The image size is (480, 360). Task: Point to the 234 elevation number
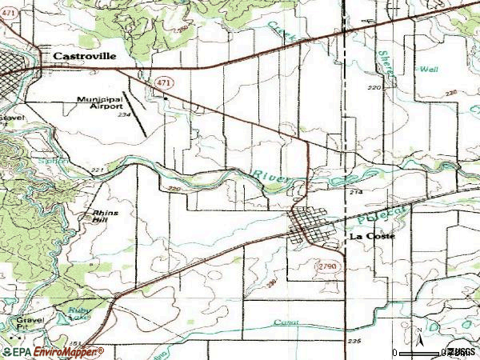pos(123,115)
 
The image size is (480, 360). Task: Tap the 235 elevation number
pos(354,342)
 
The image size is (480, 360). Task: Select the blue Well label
pos(429,70)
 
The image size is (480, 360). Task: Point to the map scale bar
pos(419,352)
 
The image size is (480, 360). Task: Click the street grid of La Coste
pos(309,226)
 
